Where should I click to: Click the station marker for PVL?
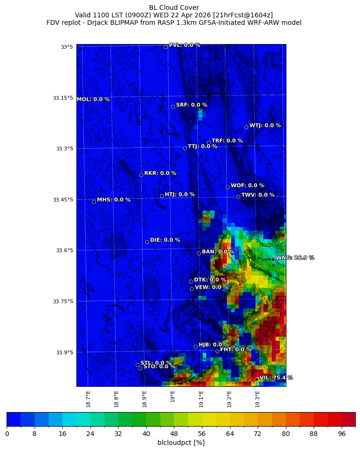click(165, 47)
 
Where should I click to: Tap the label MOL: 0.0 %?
click(93, 99)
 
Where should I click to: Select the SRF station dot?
click(173, 106)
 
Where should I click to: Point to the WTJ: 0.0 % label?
click(265, 126)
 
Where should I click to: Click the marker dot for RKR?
click(141, 175)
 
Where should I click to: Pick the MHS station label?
click(113, 200)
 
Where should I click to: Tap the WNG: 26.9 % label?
click(295, 258)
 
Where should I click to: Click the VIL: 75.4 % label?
click(276, 377)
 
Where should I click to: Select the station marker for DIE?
click(147, 242)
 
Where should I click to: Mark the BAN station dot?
click(199, 253)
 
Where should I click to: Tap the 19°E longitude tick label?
click(173, 397)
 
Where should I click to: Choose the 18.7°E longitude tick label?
click(88, 398)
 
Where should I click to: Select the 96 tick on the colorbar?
click(341, 434)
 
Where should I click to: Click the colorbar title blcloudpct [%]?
click(181, 443)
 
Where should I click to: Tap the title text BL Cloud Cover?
click(174, 8)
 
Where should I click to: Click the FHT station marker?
click(217, 351)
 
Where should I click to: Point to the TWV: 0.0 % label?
click(258, 195)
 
